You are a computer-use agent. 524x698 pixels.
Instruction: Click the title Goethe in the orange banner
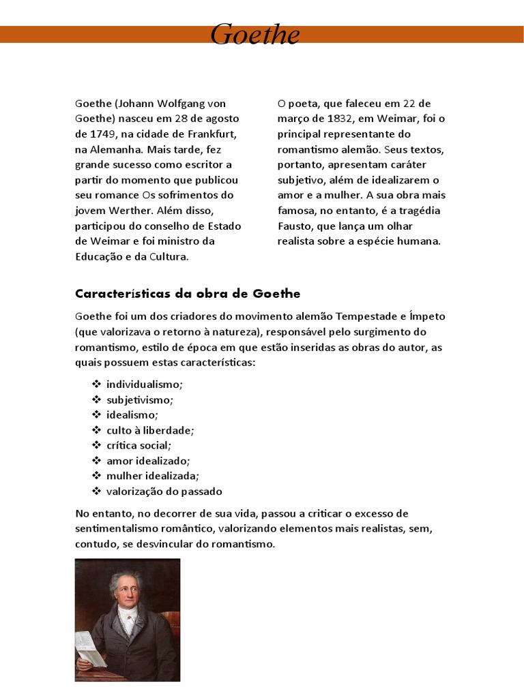click(x=254, y=34)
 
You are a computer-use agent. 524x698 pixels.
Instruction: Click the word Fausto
click(x=294, y=226)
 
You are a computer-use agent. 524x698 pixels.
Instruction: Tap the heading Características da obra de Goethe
click(x=188, y=294)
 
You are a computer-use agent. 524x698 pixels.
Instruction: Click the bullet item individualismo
click(x=145, y=384)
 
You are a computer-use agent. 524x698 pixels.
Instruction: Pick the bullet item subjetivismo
click(x=140, y=399)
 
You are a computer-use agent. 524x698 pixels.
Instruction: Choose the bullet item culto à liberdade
click(x=150, y=430)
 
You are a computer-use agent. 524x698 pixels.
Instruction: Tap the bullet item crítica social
click(x=138, y=445)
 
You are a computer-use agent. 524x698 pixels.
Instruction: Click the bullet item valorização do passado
click(x=164, y=491)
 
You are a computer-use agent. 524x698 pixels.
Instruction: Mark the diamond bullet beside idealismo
click(x=96, y=414)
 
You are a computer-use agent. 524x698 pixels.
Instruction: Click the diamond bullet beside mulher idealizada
click(x=96, y=476)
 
